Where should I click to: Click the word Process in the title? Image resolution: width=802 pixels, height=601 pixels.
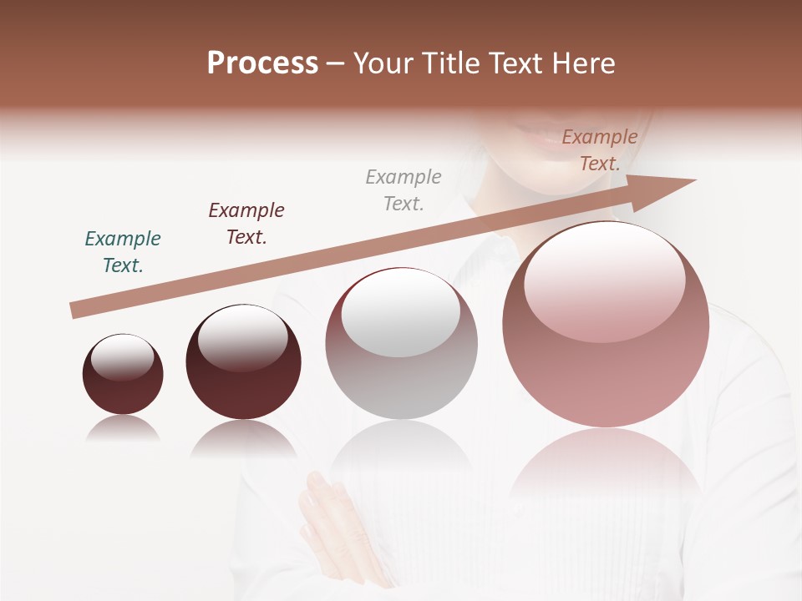pos(262,63)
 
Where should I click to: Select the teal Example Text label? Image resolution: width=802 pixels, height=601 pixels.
pos(123,252)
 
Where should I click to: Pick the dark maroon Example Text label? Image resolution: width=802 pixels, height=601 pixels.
pos(246,224)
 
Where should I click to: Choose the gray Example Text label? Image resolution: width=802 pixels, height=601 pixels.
pos(404,190)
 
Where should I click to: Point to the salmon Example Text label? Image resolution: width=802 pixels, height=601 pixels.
pos(599,150)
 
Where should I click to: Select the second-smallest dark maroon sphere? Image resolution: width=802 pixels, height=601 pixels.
pos(243,384)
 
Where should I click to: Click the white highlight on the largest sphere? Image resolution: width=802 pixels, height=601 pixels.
pos(605,280)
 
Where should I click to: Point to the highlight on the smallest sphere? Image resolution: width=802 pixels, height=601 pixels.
pos(123,356)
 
